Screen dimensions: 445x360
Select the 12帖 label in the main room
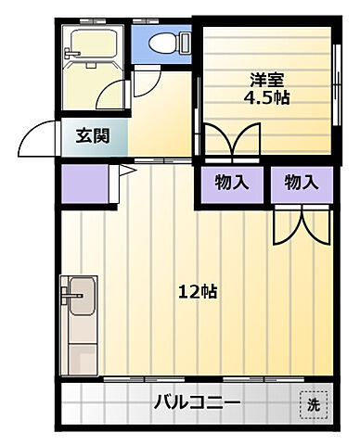[x=198, y=291]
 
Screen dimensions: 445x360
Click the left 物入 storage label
[x=231, y=183]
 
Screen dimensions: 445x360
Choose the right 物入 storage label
[x=301, y=183]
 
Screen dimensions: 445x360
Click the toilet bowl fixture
[x=166, y=43]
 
